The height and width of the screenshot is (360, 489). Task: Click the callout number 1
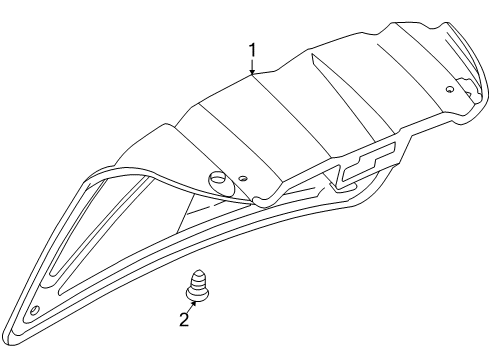tap(253, 49)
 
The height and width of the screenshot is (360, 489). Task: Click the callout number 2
tap(183, 321)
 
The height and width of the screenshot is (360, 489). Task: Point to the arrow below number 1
tap(253, 68)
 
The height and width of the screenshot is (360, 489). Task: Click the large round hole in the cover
tap(217, 181)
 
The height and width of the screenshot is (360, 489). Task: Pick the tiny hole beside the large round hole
tap(243, 180)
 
